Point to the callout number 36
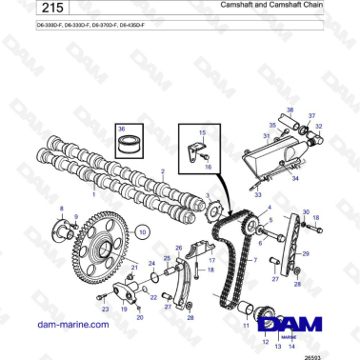(x=119, y=127)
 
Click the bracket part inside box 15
(x=194, y=150)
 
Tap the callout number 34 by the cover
(x=295, y=178)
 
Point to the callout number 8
(x=62, y=208)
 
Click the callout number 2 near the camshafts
(x=163, y=171)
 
